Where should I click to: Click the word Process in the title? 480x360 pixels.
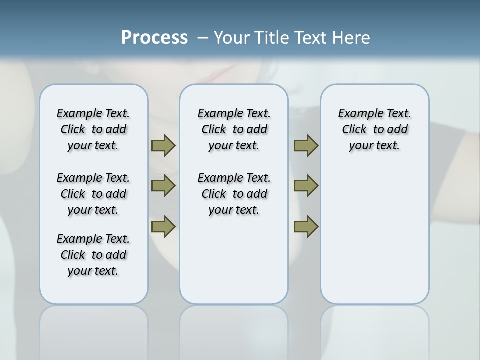pos(154,37)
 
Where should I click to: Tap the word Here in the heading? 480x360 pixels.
pos(352,37)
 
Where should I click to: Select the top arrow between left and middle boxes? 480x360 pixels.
pos(163,145)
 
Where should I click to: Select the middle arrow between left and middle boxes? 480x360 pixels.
pos(163,186)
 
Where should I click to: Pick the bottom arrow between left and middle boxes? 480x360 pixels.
pos(163,227)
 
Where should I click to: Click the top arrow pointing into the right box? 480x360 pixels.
pos(306,145)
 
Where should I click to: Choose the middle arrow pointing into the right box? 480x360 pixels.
pos(306,186)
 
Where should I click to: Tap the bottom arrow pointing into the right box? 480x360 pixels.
pos(306,227)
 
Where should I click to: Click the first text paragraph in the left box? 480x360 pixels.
pos(93,129)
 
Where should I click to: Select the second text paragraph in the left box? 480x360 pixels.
pos(93,194)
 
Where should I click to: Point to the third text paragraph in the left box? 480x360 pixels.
pos(93,255)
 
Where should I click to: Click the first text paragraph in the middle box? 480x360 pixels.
pos(234,129)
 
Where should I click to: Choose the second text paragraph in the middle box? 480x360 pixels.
pos(234,194)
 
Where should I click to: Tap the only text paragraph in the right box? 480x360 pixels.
pos(374,129)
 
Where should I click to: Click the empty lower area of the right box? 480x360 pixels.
pos(374,240)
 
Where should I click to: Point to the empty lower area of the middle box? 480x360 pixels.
pos(234,260)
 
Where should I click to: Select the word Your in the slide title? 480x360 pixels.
pos(231,37)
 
